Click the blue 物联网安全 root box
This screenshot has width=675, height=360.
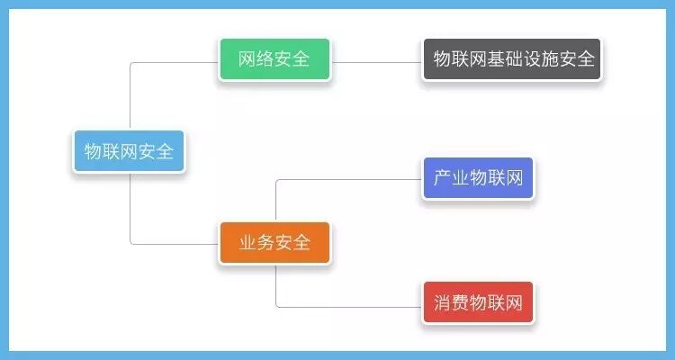(129, 151)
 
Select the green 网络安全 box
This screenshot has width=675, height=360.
(274, 59)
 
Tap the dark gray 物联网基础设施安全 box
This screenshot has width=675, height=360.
(512, 59)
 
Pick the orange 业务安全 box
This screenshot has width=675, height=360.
(274, 242)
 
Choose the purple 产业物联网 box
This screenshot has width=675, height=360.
(478, 178)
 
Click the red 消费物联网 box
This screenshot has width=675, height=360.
(478, 302)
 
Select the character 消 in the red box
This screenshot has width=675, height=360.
(442, 302)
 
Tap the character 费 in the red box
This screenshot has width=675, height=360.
(460, 302)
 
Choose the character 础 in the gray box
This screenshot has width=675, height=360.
(513, 59)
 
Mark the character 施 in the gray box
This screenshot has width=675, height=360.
(549, 59)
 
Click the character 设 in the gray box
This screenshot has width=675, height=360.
(531, 59)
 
